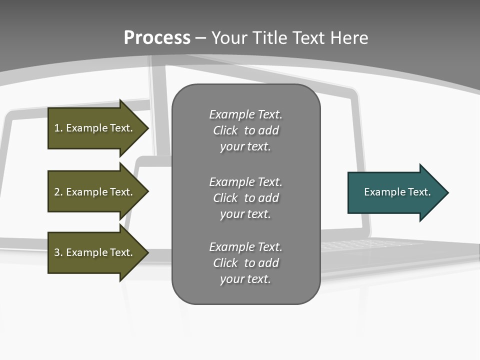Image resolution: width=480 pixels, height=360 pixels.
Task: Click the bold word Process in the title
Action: tap(157, 38)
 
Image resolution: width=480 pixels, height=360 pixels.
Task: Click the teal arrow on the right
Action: tap(395, 192)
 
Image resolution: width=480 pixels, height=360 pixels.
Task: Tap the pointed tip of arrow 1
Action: tap(146, 128)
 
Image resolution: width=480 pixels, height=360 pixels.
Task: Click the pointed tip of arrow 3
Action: tap(146, 252)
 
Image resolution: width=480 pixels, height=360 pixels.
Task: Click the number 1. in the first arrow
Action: tap(58, 128)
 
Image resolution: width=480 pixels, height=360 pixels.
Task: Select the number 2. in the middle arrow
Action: tap(58, 192)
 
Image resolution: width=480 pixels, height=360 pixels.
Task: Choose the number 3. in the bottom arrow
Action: tap(58, 252)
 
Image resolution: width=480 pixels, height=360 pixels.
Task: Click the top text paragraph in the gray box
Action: tap(245, 130)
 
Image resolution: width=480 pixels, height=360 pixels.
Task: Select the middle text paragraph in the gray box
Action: tap(245, 198)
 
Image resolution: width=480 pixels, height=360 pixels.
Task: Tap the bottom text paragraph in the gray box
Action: tap(245, 263)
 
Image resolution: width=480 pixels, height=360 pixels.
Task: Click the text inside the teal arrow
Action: tap(397, 192)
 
